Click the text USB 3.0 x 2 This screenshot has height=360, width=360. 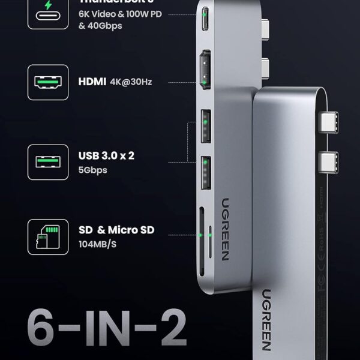(x=106, y=155)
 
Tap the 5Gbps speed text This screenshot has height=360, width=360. (x=92, y=169)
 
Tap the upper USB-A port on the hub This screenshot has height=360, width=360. (x=205, y=125)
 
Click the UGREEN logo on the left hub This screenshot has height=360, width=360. (x=224, y=228)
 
